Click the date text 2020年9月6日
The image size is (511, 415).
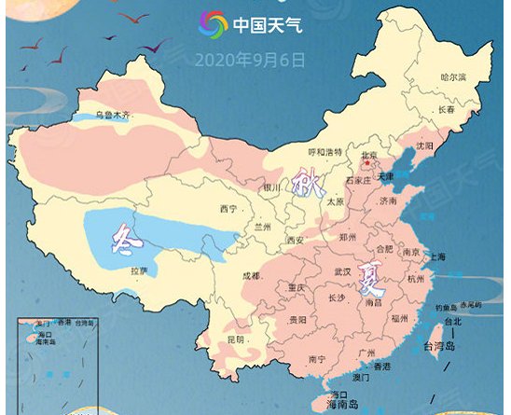point(250,60)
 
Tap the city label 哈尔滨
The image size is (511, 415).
point(453,76)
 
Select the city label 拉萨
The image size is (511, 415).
point(140,270)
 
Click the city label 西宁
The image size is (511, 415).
point(228,208)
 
